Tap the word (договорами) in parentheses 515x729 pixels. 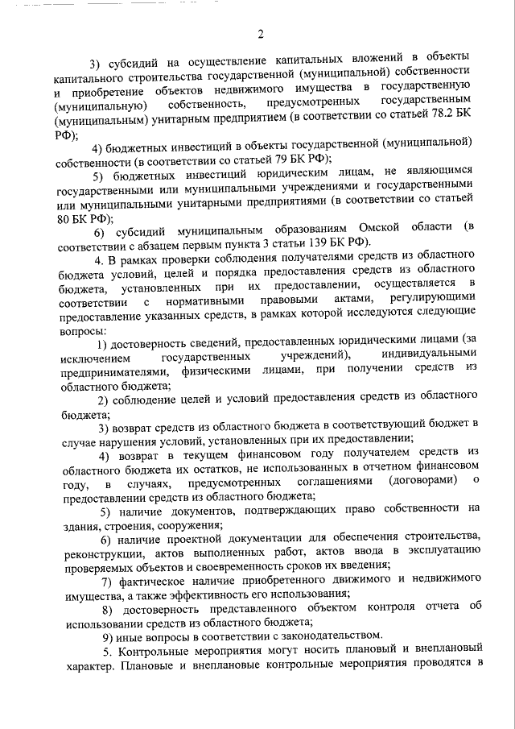(x=423, y=480)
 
